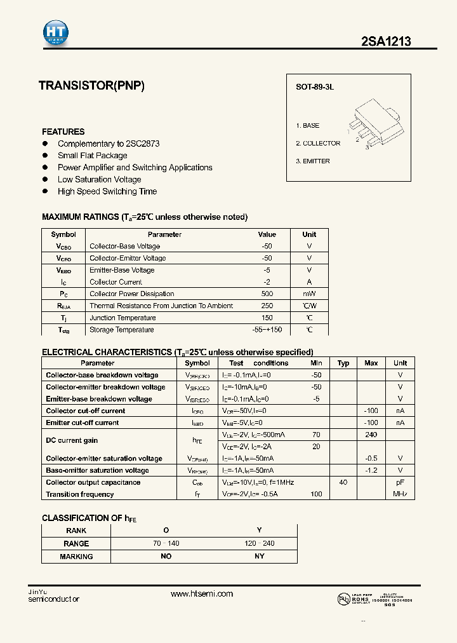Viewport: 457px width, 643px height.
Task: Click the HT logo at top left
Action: tap(56, 32)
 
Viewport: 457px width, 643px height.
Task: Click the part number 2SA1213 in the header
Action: tap(386, 41)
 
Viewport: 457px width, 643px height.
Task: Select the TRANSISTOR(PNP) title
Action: tap(91, 85)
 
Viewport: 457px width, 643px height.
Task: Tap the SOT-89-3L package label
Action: tap(314, 86)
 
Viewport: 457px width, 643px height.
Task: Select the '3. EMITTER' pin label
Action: tap(313, 161)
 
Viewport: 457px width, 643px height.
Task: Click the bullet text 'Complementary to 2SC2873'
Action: tap(109, 144)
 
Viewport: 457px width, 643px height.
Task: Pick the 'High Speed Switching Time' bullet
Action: tap(107, 191)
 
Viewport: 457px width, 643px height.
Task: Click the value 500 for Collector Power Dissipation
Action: tap(267, 294)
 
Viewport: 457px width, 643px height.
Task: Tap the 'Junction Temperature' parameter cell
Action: tap(123, 318)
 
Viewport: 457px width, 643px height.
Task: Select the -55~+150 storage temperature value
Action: tap(267, 330)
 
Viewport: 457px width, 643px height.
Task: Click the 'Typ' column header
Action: tap(343, 363)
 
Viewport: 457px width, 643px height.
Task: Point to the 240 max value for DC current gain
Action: tap(371, 435)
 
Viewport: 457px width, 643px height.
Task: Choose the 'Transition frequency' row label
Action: tap(80, 494)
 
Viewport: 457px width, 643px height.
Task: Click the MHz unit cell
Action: tap(400, 494)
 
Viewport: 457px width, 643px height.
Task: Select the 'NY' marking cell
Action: tap(259, 557)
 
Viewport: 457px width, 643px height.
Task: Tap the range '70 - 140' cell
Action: tap(166, 544)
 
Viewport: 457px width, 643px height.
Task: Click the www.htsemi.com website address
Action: tap(202, 594)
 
